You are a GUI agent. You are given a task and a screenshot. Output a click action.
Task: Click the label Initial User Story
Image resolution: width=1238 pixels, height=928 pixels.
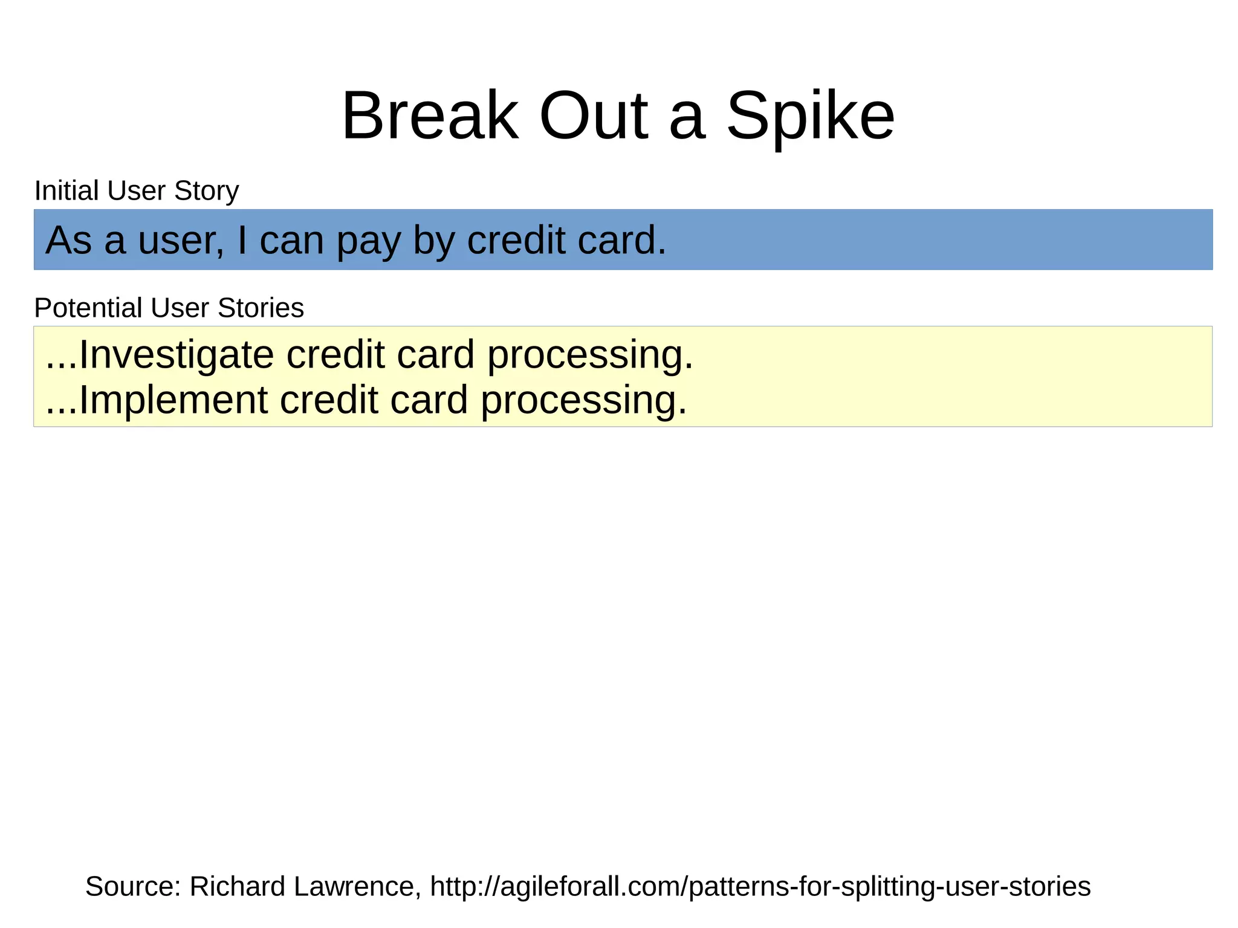coord(137,191)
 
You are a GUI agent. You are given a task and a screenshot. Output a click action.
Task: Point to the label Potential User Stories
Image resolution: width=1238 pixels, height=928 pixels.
coord(169,308)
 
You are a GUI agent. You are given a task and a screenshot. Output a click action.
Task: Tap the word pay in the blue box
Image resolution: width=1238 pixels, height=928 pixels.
coord(368,241)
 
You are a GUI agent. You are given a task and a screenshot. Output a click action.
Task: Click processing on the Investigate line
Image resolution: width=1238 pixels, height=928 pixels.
coord(590,354)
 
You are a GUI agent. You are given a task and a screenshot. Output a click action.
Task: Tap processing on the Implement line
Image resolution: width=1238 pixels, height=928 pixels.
coord(584,400)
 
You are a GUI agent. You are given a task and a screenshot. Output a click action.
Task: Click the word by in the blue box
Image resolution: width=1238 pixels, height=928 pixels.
coord(433,241)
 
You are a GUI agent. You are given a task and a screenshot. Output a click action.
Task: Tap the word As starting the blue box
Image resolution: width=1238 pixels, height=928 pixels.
coord(68,240)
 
